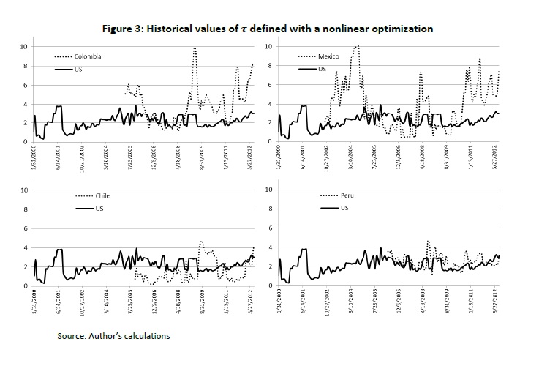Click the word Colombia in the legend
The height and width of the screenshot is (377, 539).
pos(88,56)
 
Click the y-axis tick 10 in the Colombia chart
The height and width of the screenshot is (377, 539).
pos(24,46)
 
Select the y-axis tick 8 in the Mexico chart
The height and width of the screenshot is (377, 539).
pos(269,66)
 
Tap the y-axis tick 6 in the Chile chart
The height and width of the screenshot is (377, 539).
pos(26,228)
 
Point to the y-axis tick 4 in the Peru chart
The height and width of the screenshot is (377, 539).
pos(269,247)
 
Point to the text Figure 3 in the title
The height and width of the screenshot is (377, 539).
pos(124,29)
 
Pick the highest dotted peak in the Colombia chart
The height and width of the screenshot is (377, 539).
pos(195,48)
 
